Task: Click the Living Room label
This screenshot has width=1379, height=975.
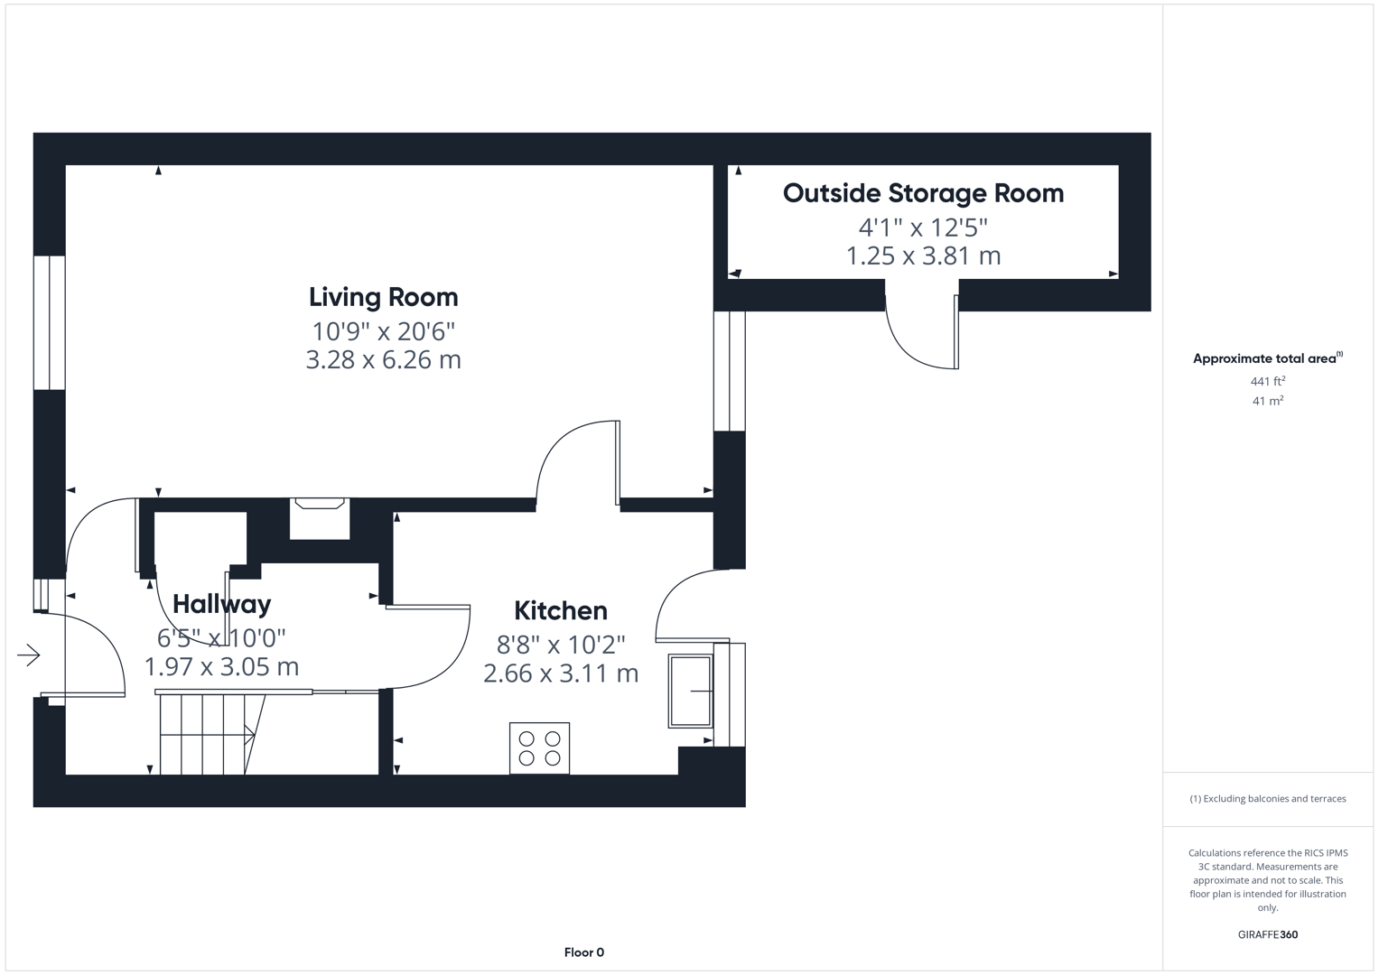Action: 383,297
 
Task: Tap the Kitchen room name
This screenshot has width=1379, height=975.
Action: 560,611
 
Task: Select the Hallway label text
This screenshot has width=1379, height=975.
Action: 221,604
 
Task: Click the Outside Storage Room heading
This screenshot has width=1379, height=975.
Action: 923,193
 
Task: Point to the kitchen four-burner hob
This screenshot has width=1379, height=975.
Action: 539,748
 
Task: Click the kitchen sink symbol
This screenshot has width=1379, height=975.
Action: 690,692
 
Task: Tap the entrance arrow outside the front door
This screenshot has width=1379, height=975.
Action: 29,655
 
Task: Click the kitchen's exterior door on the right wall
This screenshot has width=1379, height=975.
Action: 691,605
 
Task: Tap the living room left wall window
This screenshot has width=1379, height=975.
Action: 49,322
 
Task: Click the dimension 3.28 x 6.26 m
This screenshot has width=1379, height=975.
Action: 383,360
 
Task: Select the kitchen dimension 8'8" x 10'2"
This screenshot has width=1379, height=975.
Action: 560,645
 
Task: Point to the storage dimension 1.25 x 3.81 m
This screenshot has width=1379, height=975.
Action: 923,256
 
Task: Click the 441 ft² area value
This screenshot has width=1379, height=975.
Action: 1267,382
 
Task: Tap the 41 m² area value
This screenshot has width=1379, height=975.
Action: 1267,401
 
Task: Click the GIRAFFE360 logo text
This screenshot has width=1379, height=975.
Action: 1267,934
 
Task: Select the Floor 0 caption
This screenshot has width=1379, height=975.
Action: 583,952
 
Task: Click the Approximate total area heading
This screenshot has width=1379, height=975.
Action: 1267,358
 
